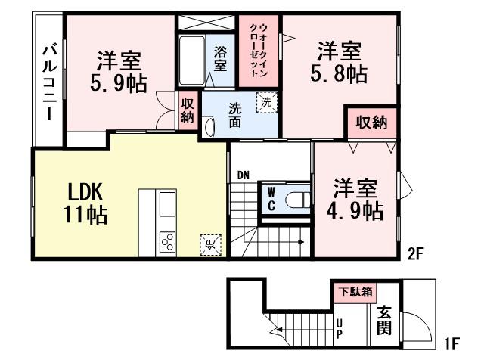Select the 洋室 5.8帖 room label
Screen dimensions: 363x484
click(x=339, y=63)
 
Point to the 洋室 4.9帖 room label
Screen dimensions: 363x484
click(x=354, y=199)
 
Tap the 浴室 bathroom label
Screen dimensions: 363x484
click(x=220, y=60)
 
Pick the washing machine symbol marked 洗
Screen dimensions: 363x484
click(x=266, y=101)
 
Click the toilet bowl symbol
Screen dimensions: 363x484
click(x=297, y=200)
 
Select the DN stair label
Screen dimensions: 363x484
click(x=243, y=176)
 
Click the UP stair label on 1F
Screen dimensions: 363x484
click(x=340, y=326)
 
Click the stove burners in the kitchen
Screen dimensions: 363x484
click(x=166, y=243)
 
